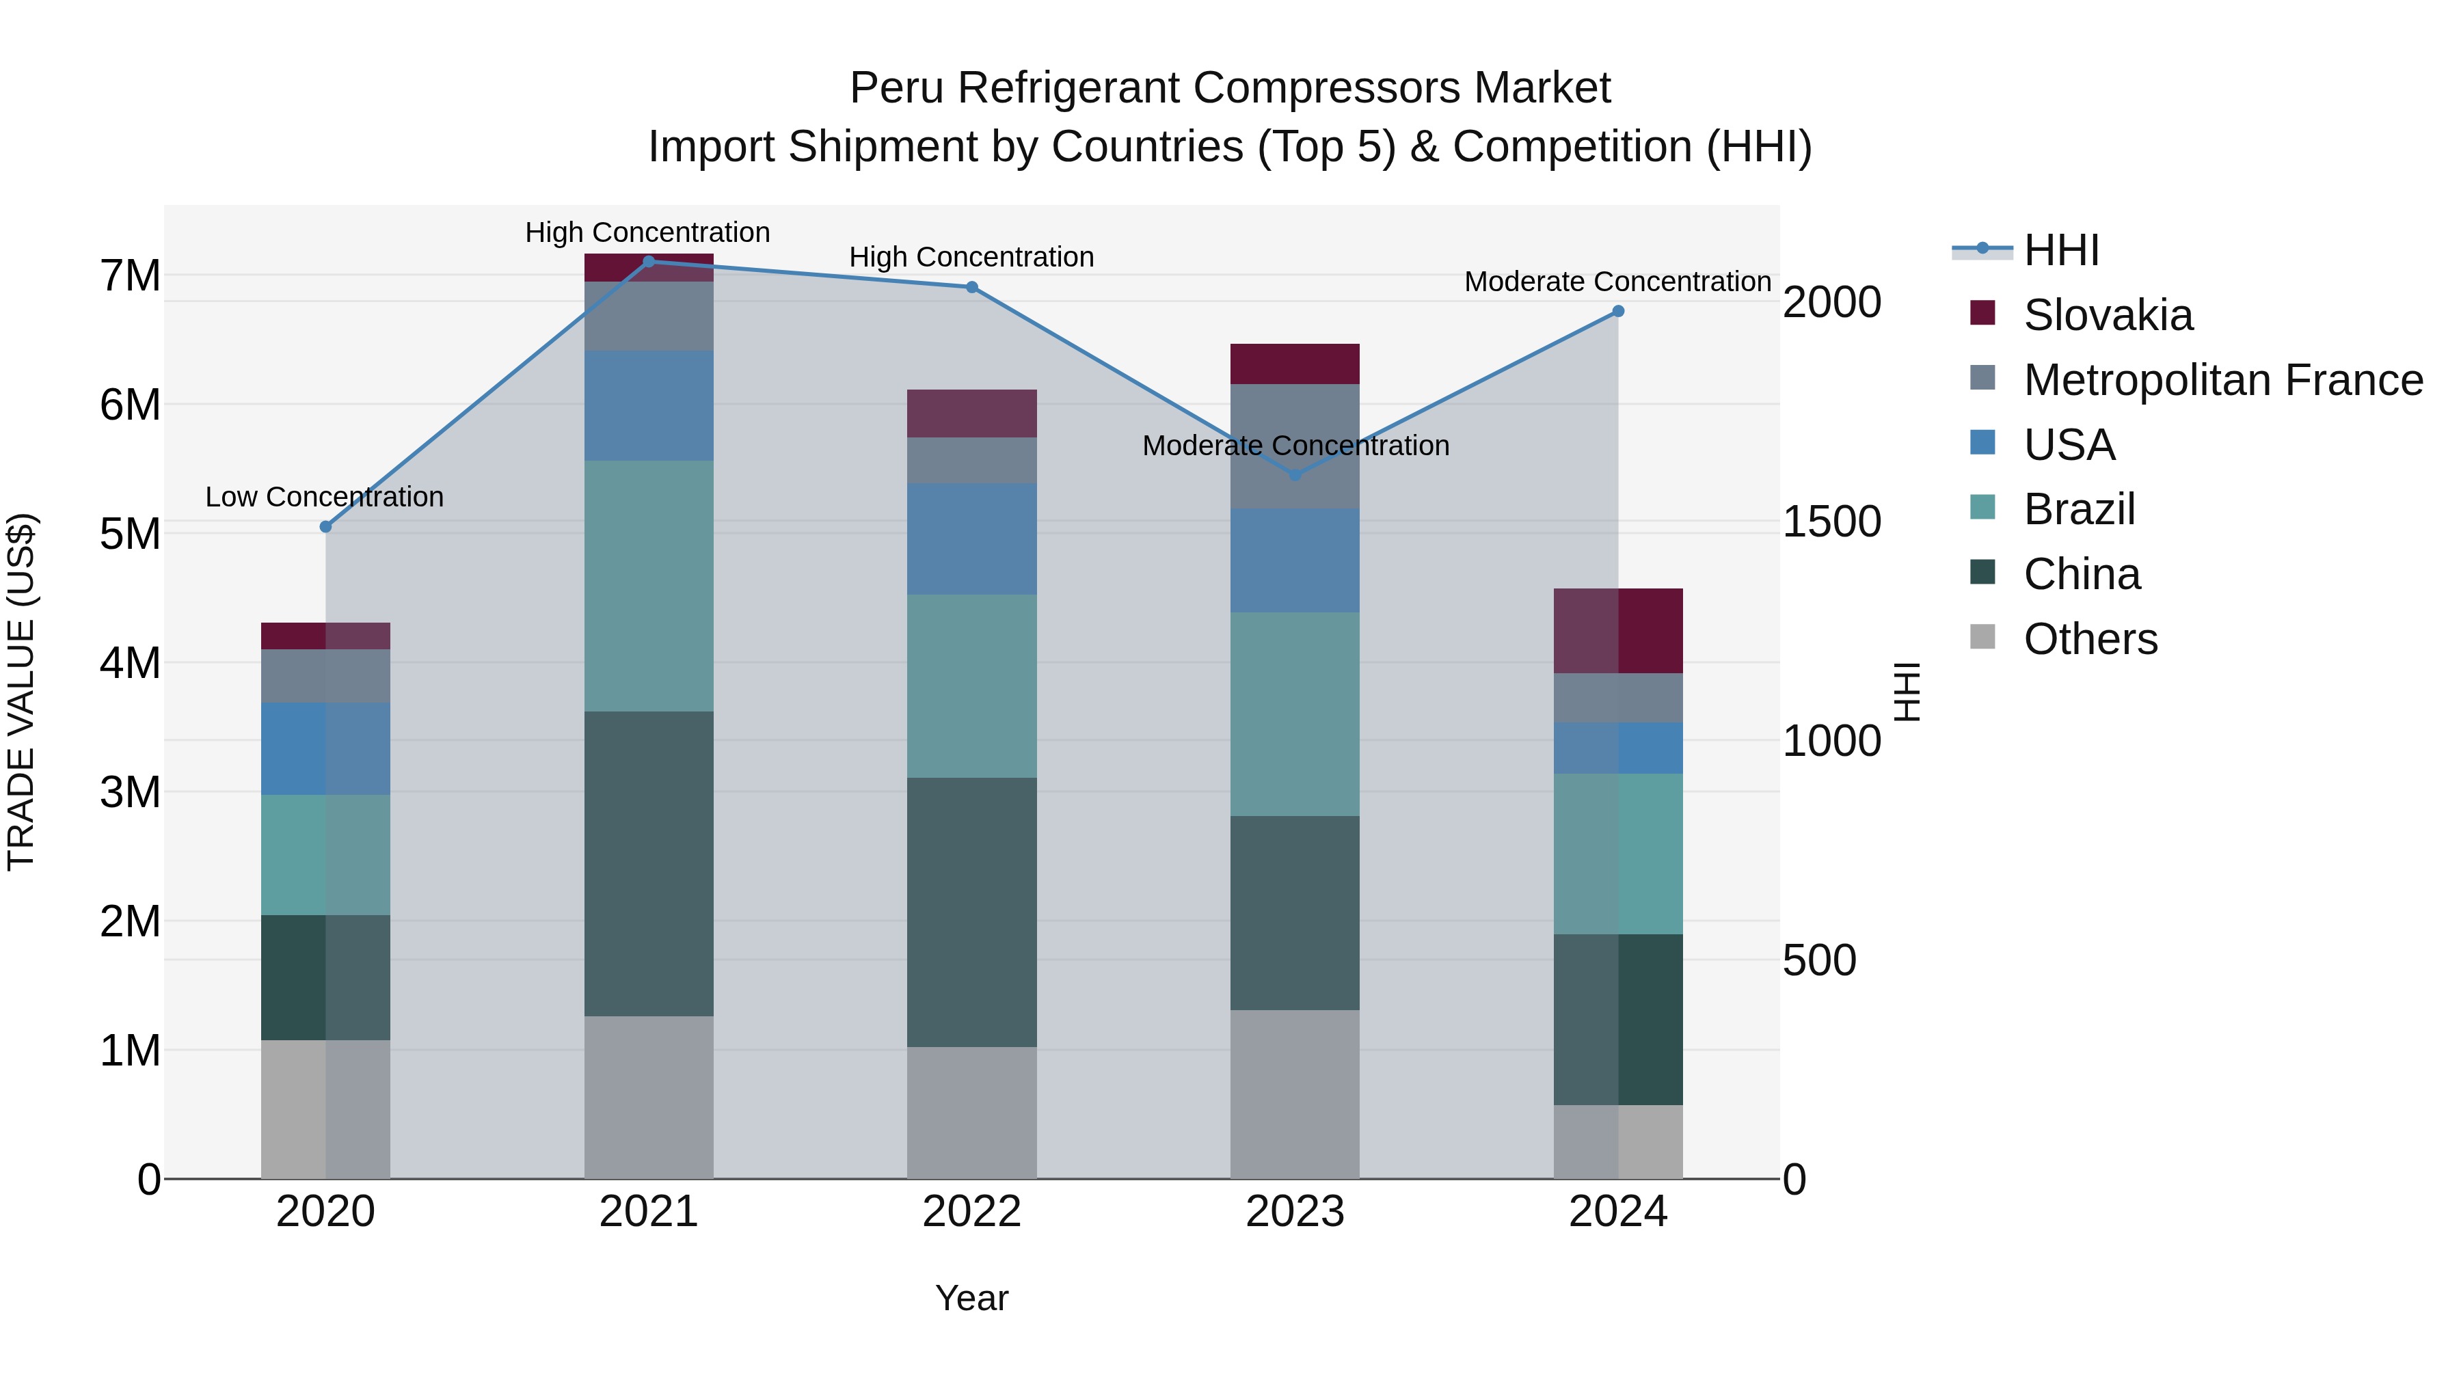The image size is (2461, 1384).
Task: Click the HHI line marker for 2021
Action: point(649,262)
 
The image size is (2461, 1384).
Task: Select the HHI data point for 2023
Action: point(1295,475)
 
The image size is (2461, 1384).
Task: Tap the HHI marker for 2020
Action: point(326,526)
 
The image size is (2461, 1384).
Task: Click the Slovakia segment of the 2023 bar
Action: point(1295,364)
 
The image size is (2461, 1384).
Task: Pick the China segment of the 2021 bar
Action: point(649,863)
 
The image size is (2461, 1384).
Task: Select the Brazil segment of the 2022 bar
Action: point(971,686)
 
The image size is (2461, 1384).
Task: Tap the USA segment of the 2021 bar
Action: point(649,406)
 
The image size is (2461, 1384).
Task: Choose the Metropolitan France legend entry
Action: point(2222,380)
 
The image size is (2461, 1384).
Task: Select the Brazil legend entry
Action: point(2079,509)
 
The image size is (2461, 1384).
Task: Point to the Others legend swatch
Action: point(1982,637)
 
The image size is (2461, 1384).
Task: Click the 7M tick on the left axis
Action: point(130,276)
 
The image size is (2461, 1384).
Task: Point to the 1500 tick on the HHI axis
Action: point(1831,521)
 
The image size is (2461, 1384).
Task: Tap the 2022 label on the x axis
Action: point(971,1212)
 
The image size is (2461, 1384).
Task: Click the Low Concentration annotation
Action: point(325,497)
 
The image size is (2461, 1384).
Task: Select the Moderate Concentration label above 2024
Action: point(1617,282)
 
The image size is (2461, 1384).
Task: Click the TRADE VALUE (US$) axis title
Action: point(21,692)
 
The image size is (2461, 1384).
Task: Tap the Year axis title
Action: point(971,1298)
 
